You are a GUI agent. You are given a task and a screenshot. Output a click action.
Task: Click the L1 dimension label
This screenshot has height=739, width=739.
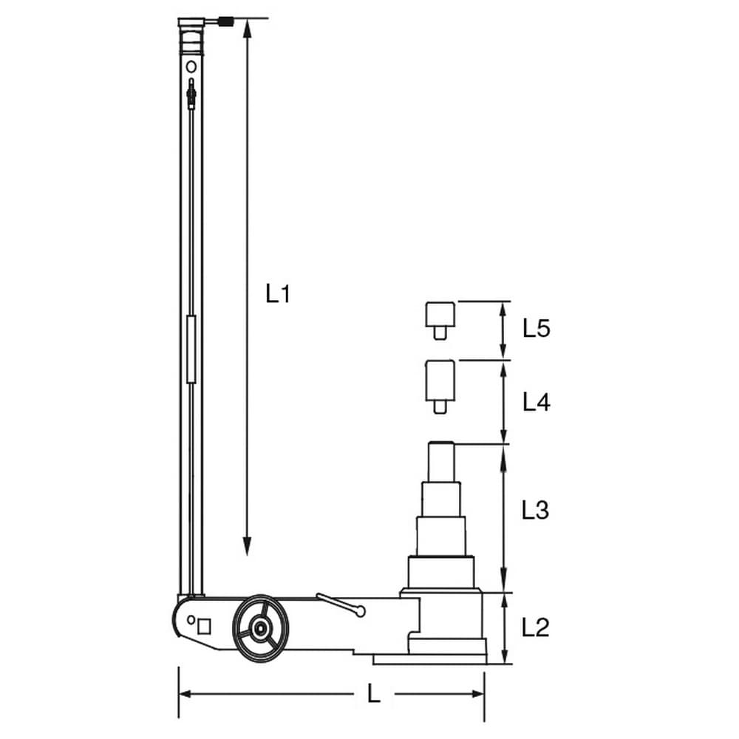(278, 293)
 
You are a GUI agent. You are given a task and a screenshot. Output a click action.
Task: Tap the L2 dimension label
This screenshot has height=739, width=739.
(535, 627)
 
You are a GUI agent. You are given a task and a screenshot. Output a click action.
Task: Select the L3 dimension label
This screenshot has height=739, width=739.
(535, 510)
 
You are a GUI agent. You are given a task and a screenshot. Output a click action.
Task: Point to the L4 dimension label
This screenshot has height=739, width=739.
(537, 403)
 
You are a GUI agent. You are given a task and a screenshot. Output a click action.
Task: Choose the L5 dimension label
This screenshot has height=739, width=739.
(537, 328)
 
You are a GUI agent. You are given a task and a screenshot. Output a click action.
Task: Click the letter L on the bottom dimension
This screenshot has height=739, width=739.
(374, 694)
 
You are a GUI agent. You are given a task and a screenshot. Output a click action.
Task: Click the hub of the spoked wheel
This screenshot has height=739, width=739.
(259, 628)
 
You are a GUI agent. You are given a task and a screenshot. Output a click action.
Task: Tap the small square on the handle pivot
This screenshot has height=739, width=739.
(204, 627)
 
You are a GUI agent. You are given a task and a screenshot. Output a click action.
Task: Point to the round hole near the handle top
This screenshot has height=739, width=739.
(191, 67)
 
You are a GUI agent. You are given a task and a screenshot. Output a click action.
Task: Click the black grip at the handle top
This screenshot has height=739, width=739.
(227, 21)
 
